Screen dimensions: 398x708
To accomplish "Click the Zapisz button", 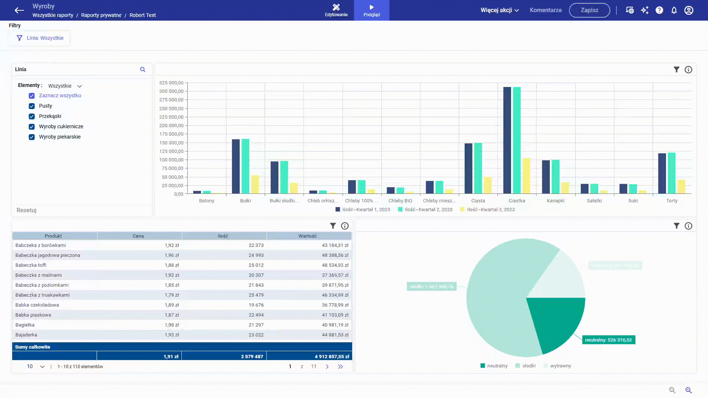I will point(589,10).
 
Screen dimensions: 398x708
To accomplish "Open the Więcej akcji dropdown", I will point(499,10).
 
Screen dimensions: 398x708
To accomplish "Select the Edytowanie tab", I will point(336,10).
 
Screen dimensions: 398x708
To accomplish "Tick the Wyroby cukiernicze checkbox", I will point(32,127).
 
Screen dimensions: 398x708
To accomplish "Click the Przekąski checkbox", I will point(32,116).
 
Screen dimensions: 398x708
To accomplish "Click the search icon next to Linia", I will point(143,70).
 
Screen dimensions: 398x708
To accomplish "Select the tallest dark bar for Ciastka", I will point(507,140).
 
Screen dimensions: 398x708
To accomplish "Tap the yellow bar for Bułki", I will point(255,184).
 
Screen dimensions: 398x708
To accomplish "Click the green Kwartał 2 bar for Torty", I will point(671,173).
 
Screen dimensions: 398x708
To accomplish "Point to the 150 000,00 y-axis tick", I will point(171,143).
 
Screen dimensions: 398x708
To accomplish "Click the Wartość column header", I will point(308,236).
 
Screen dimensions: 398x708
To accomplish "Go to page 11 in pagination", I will point(313,367).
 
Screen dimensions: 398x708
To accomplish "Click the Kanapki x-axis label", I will point(555,201).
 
